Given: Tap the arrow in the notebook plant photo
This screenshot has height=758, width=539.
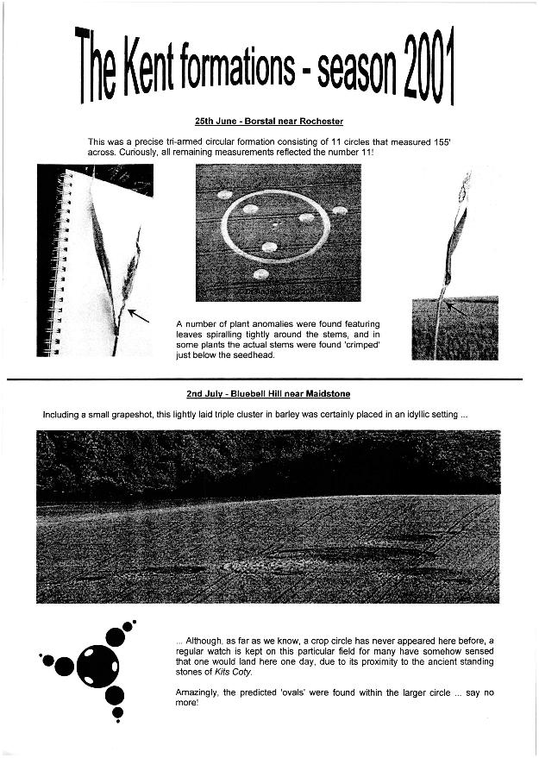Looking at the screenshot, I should point(138,316).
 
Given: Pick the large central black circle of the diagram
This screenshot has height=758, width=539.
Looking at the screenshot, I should point(97,666).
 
